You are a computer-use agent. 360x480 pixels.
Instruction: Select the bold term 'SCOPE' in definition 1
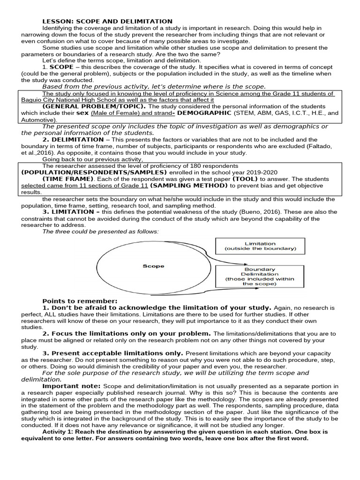[x=61, y=67]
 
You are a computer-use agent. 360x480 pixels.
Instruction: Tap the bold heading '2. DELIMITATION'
[x=73, y=140]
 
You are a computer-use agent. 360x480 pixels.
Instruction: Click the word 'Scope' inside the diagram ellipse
[x=153, y=266]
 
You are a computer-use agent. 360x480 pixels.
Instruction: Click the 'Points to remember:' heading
[x=80, y=301]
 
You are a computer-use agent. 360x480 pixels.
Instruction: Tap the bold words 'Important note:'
[x=71, y=386]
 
